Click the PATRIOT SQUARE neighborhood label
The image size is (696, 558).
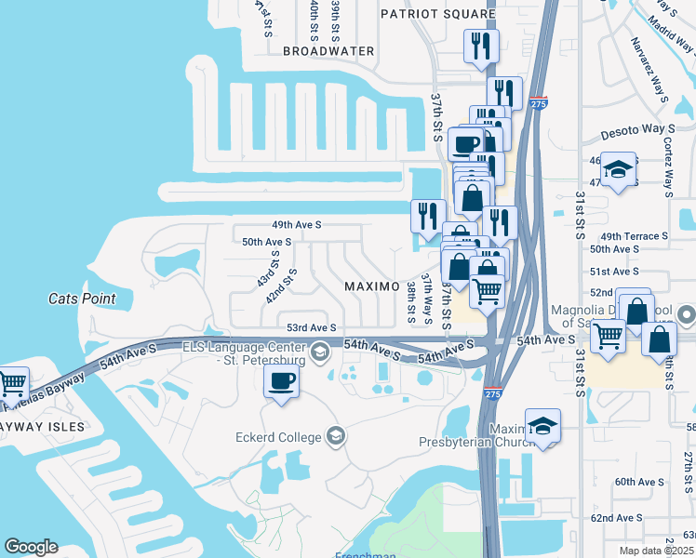click(x=439, y=14)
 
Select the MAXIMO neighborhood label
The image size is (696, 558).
click(x=372, y=285)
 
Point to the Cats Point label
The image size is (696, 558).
click(x=82, y=299)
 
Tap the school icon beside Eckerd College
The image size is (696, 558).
click(x=335, y=436)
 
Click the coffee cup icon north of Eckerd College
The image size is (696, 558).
click(x=282, y=380)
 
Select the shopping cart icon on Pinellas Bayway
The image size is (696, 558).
click(x=12, y=382)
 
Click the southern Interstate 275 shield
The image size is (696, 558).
click(x=490, y=395)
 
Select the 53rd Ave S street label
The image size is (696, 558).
click(x=310, y=327)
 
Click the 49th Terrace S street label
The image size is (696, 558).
click(x=635, y=236)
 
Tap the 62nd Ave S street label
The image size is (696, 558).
click(x=616, y=517)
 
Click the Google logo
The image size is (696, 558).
click(x=31, y=547)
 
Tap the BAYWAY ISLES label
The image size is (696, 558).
click(x=42, y=427)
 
